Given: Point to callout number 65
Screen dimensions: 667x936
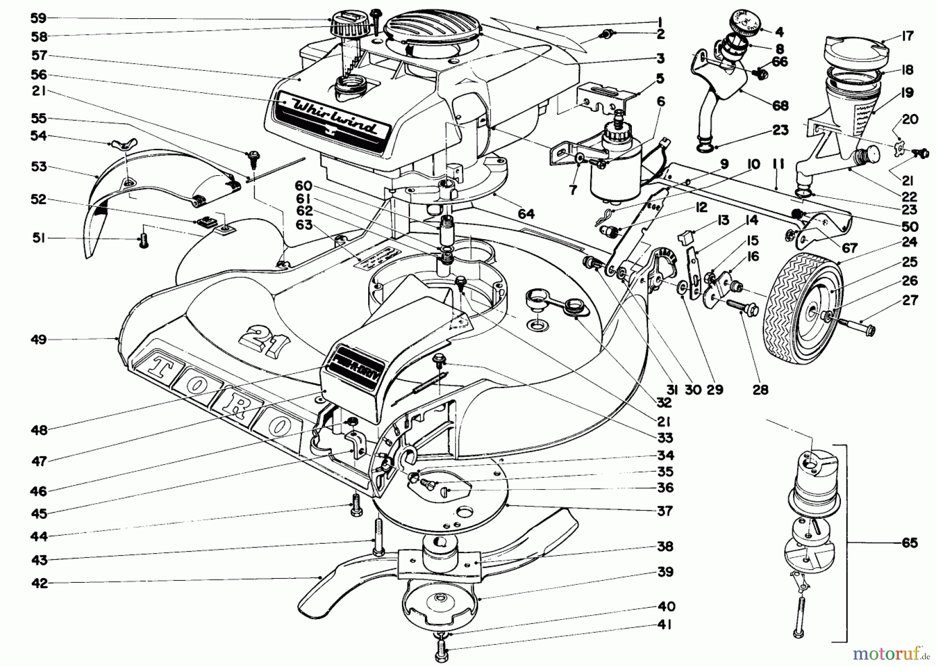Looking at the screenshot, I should click(909, 543).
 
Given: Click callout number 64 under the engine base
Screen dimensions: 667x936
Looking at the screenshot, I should click(525, 214).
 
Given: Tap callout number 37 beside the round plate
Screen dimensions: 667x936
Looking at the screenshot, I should click(665, 511).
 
